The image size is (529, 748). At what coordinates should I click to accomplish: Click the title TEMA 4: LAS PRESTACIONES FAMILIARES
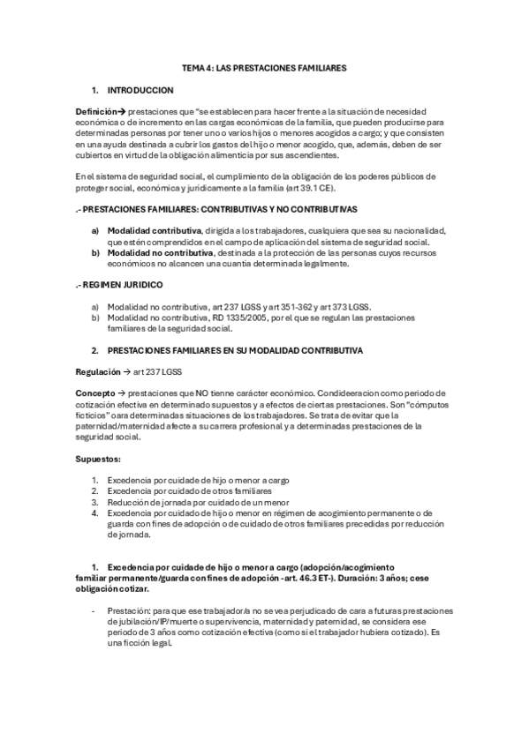tap(264, 67)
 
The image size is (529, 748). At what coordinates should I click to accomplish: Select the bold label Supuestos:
tap(98, 458)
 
